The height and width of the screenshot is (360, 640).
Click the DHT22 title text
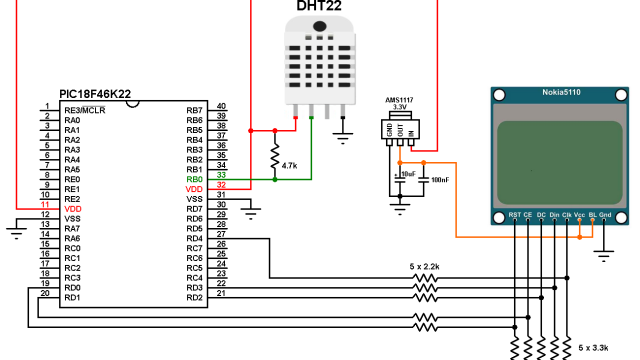click(x=318, y=8)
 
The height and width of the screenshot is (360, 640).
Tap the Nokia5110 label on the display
click(x=561, y=93)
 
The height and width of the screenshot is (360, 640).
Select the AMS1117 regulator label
click(x=400, y=101)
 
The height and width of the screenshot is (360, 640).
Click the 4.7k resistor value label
click(x=291, y=163)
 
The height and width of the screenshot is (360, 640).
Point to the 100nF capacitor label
click(x=440, y=179)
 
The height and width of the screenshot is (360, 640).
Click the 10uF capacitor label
click(x=407, y=174)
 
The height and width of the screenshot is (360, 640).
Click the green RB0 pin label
click(x=195, y=179)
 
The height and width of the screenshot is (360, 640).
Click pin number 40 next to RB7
click(x=221, y=105)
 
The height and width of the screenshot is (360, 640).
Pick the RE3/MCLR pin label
click(x=85, y=110)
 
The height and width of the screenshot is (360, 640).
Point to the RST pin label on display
click(x=514, y=214)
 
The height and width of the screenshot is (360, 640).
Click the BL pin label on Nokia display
click(x=592, y=214)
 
